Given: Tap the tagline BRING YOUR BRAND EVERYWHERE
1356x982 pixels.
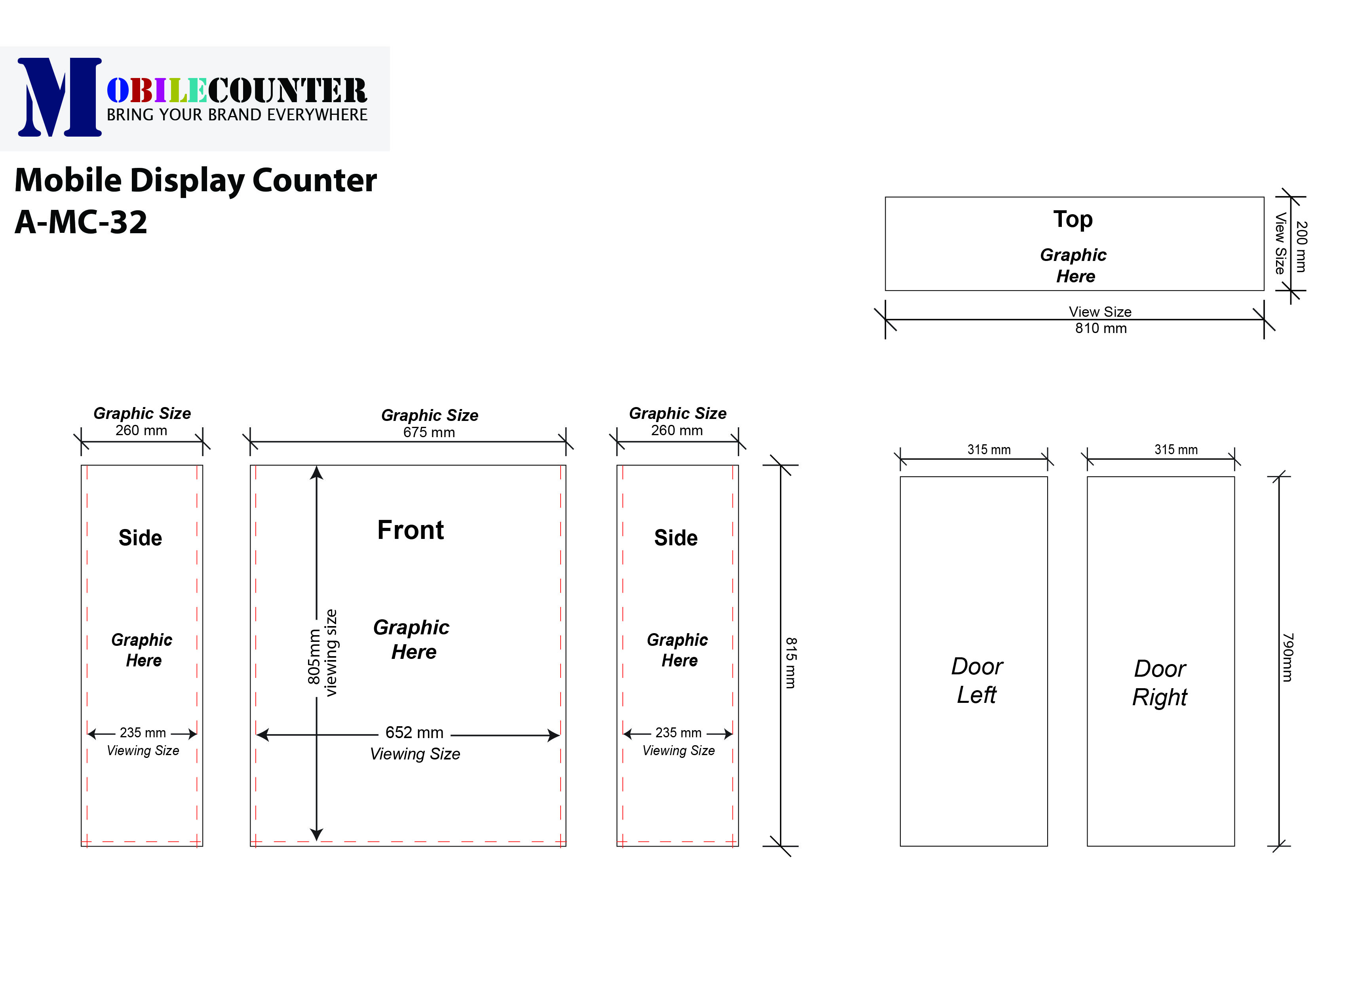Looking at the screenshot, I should coord(237,115).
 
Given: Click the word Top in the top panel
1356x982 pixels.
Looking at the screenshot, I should coord(1073,219).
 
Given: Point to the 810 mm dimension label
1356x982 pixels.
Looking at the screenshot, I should coord(1101,328).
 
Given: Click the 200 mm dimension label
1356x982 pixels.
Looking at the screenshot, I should coord(1301,246).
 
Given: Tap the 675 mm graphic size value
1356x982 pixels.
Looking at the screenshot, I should coord(429,432).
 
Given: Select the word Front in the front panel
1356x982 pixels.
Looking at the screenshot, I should coord(410,530).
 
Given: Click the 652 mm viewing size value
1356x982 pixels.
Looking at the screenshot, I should coord(415,733).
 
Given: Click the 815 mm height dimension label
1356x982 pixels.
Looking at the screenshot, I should coord(790,662).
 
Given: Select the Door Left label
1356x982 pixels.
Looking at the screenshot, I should coord(976,681).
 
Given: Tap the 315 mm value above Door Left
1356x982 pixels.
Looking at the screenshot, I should coord(989,450).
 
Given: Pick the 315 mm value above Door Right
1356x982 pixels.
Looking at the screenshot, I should coord(1175,450).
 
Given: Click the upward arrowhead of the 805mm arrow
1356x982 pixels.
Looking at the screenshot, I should coord(317,473).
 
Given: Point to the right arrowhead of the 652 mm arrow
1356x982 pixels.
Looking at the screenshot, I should coord(553,736).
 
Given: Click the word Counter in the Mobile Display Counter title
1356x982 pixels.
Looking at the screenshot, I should coord(314,180).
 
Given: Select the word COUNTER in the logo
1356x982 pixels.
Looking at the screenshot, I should coord(287,91).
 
